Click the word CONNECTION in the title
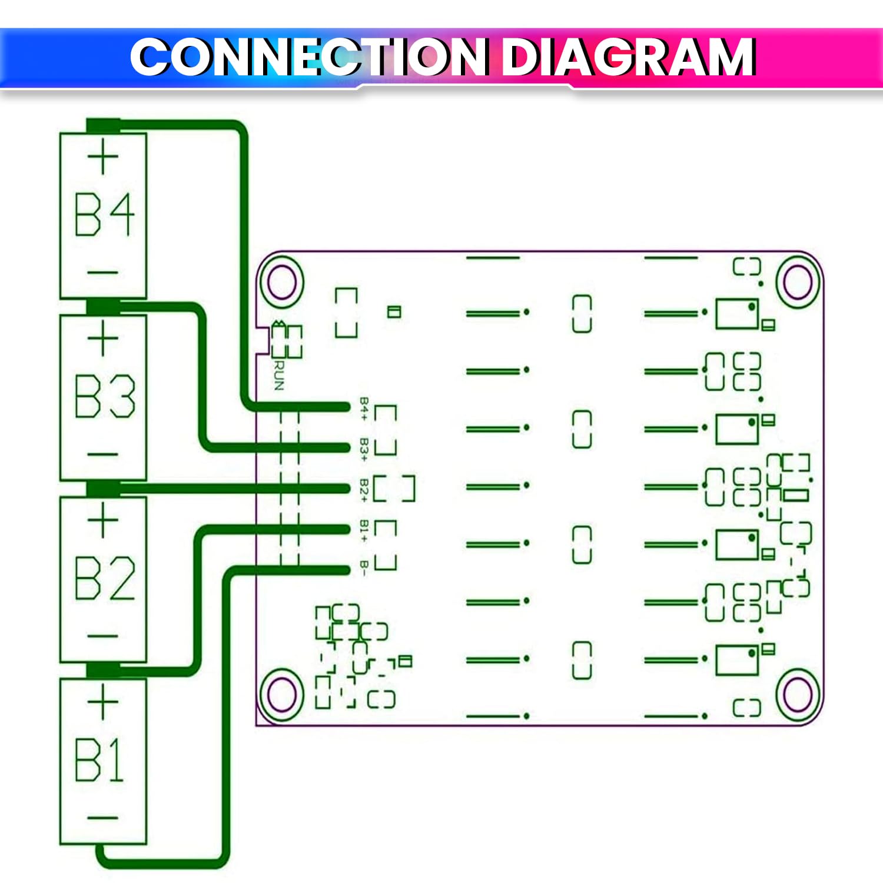(310, 57)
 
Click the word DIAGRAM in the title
(628, 57)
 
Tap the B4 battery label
(104, 215)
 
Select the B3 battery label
(104, 396)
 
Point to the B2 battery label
(104, 578)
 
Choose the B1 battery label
(100, 760)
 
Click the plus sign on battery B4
(103, 157)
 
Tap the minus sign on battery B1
(103, 818)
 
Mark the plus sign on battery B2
(103, 520)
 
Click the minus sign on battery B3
(103, 454)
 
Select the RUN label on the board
(279, 376)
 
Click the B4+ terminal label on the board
(364, 409)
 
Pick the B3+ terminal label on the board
(364, 449)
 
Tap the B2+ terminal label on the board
(364, 490)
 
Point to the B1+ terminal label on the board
(364, 530)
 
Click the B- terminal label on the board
(364, 568)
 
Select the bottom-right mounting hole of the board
(798, 695)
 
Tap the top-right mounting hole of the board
(798, 283)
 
